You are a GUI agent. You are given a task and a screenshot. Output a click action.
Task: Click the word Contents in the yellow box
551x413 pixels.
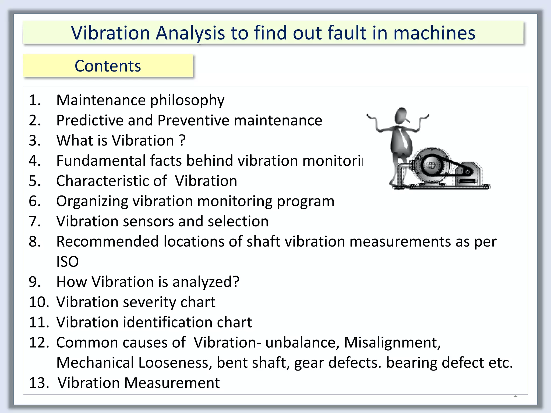(108, 66)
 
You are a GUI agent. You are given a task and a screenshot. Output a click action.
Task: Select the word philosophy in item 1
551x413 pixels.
(187, 101)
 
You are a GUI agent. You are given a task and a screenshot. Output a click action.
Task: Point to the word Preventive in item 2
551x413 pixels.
(193, 120)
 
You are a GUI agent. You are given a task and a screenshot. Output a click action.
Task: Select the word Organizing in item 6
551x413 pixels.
(92, 201)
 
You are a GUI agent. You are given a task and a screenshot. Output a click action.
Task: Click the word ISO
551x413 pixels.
(67, 262)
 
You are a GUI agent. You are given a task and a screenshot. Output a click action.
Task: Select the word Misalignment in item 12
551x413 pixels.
(392, 343)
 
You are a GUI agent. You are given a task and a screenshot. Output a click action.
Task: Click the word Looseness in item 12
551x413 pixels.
(174, 363)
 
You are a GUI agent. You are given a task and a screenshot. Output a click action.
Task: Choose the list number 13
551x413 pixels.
(39, 383)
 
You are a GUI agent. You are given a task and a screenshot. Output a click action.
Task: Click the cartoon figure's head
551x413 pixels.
(402, 115)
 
